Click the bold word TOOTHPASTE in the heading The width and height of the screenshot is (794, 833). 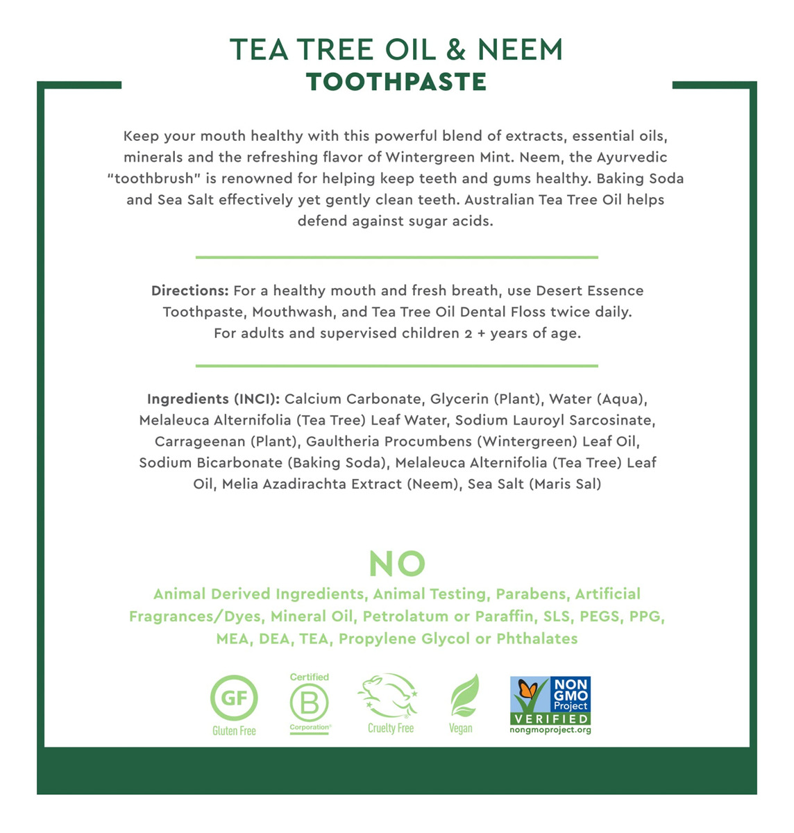[396, 82]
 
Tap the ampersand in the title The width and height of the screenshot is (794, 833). [455, 49]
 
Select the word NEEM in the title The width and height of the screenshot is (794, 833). [520, 49]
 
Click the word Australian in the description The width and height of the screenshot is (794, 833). [499, 200]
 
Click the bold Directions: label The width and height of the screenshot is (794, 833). [189, 291]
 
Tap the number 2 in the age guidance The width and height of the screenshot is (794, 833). [468, 334]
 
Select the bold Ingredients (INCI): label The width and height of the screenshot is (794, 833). [213, 399]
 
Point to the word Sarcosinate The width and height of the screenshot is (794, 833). [614, 420]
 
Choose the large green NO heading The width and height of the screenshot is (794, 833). [397, 564]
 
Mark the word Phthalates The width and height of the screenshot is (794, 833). [537, 639]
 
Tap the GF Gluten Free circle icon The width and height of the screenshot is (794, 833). [234, 698]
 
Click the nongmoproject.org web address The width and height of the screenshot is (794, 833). [550, 730]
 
